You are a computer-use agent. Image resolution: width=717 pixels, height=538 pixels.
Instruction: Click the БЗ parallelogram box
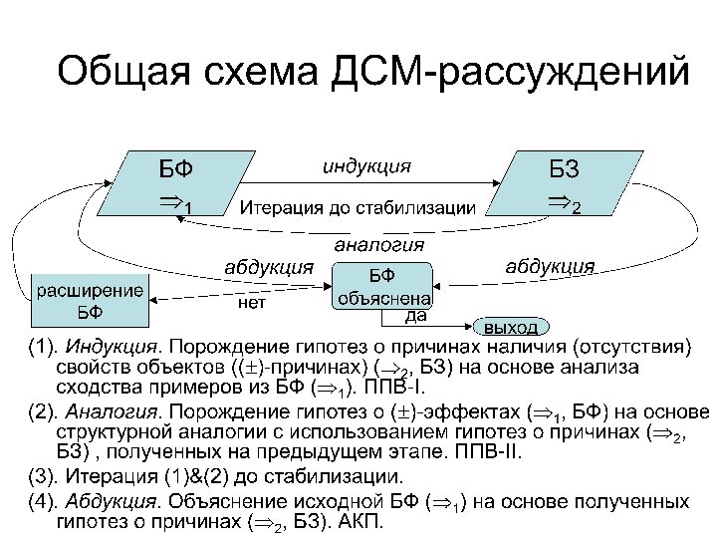(x=563, y=184)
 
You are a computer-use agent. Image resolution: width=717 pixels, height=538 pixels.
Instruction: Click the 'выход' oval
(x=510, y=327)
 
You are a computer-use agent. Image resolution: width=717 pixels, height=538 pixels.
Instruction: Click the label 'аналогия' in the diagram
(x=379, y=243)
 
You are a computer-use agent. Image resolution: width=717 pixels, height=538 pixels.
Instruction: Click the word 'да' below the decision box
(x=416, y=317)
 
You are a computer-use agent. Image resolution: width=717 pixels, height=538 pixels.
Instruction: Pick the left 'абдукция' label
(x=268, y=266)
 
